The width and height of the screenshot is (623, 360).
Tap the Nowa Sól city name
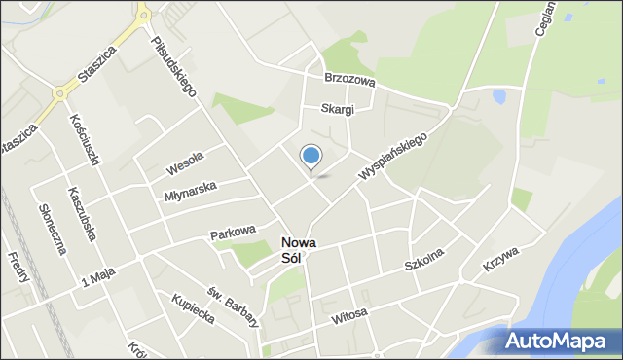point(298,251)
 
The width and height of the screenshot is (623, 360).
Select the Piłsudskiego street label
point(173,66)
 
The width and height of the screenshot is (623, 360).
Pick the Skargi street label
point(334,109)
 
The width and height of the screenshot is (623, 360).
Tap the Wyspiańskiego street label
point(393,156)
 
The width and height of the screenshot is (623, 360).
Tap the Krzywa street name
point(500,260)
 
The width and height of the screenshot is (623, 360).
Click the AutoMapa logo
point(559,342)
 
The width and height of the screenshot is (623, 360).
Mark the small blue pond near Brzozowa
point(498,96)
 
